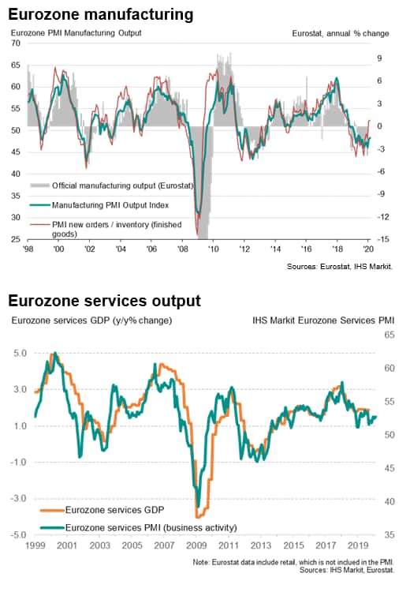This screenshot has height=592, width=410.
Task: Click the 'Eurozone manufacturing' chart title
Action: (101, 15)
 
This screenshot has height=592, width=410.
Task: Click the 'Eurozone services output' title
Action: (105, 301)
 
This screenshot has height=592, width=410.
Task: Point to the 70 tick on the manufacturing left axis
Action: (16, 43)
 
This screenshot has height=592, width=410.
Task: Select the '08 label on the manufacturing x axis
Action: (183, 249)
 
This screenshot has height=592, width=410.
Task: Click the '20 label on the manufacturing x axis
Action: (368, 249)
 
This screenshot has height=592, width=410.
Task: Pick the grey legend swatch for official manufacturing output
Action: (40, 185)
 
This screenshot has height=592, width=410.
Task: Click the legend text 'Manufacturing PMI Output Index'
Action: (110, 205)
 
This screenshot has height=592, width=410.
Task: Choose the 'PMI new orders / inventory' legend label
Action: (117, 229)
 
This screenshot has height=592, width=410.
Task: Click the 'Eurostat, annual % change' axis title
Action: (340, 34)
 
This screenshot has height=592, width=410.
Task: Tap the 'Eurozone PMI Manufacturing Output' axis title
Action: (76, 33)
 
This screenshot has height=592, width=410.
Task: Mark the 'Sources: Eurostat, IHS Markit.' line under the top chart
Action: (340, 267)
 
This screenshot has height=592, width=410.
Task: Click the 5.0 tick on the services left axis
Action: (20, 354)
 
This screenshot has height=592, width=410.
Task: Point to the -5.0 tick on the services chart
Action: (18, 535)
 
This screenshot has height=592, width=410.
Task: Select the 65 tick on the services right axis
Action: (389, 335)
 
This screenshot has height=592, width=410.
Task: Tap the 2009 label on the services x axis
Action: (196, 545)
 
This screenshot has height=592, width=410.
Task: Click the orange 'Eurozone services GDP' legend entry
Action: (102, 510)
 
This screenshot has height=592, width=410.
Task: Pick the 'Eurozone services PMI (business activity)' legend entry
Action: (139, 527)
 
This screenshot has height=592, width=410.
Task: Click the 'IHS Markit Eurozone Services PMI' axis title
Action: (323, 320)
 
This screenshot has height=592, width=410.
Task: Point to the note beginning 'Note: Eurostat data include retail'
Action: (293, 562)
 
